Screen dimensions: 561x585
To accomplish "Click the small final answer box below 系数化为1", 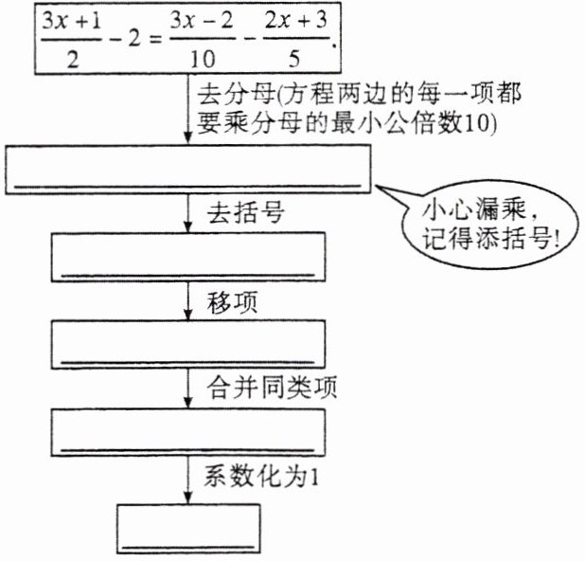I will pyautogui.click(x=188, y=527).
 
